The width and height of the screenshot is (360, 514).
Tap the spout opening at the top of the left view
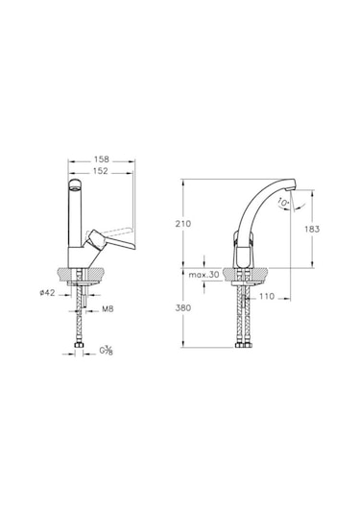[74, 182]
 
